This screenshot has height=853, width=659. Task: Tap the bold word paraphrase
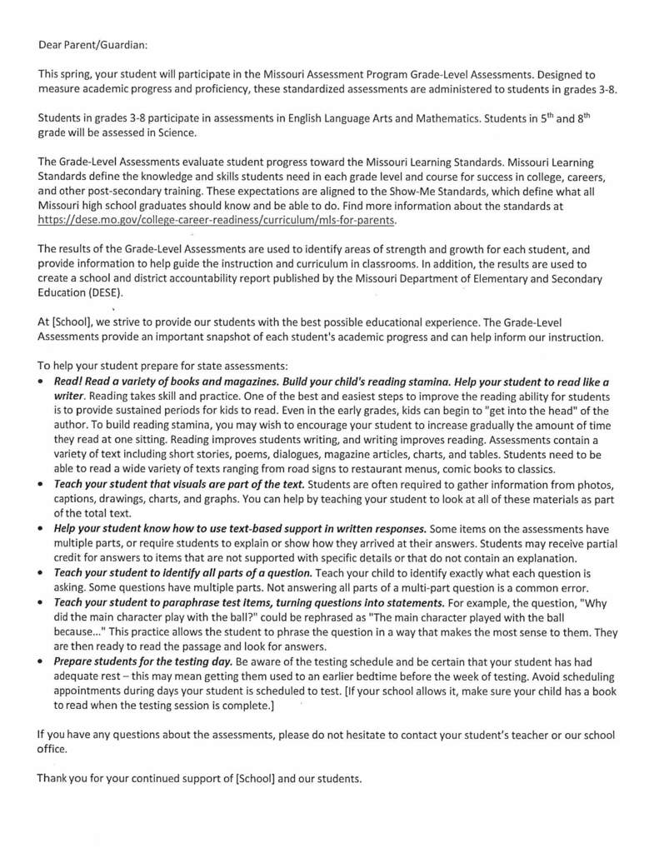click(186, 601)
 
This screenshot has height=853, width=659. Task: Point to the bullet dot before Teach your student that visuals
click(42, 485)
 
